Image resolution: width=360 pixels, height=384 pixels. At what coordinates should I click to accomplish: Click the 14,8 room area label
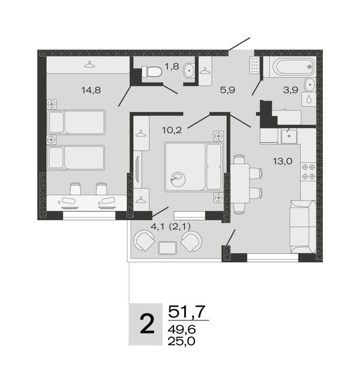tap(91, 91)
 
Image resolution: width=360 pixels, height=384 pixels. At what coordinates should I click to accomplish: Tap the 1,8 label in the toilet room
tap(172, 67)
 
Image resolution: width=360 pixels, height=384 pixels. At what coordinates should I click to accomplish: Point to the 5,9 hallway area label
tap(227, 90)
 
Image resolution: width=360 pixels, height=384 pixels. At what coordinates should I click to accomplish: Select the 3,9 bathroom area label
tap(290, 90)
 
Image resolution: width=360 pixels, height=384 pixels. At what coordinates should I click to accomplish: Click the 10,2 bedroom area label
tap(172, 130)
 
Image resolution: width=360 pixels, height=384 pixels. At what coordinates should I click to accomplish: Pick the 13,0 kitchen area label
tap(283, 161)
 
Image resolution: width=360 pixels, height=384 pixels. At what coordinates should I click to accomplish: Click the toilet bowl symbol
tap(152, 72)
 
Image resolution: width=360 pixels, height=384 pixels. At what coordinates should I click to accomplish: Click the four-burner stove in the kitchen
tap(308, 172)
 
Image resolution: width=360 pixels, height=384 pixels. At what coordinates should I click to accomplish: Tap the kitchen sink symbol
tap(289, 136)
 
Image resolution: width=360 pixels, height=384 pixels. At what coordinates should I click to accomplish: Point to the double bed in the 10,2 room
tap(194, 167)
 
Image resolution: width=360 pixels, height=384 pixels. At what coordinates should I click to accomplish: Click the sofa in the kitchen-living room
tap(303, 227)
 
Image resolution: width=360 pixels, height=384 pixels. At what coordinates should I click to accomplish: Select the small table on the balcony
tap(167, 248)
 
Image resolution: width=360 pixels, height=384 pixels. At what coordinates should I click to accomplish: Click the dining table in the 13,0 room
tap(240, 184)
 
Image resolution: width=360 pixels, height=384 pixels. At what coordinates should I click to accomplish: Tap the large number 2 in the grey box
tap(147, 324)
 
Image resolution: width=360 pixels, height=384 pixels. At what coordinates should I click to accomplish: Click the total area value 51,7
tap(187, 311)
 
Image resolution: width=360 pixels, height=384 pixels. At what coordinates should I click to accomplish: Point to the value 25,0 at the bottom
tap(181, 341)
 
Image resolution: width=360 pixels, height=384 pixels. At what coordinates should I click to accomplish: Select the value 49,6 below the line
tap(181, 329)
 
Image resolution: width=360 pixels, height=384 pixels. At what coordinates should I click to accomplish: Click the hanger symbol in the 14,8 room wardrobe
tap(89, 64)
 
